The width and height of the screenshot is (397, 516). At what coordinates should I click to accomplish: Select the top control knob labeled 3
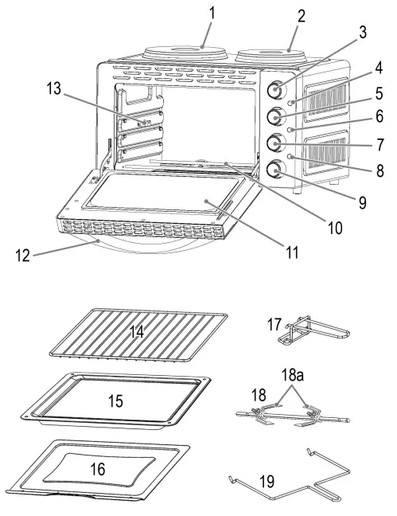(x=274, y=88)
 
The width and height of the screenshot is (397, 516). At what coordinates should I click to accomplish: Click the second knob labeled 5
(x=274, y=116)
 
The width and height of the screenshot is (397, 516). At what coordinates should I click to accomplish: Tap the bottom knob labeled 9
(x=275, y=169)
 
